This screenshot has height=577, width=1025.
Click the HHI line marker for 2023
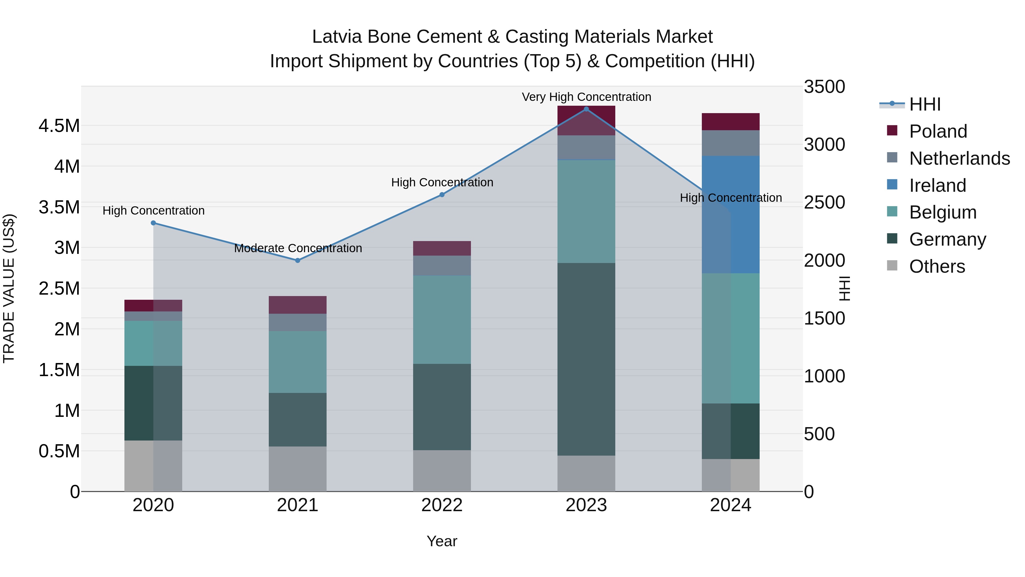[x=586, y=109]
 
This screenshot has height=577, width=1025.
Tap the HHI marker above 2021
[x=298, y=260]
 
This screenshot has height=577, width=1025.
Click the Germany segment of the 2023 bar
[x=586, y=359]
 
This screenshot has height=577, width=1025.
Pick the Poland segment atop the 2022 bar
[x=442, y=248]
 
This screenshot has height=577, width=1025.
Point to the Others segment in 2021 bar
[x=298, y=469]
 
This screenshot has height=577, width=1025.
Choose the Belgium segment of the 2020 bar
[x=153, y=343]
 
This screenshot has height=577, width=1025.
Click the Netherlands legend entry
[x=959, y=158]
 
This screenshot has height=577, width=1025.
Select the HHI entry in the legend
[x=925, y=104]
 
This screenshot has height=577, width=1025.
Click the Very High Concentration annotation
[x=586, y=97]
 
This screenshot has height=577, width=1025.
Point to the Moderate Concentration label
[x=298, y=248]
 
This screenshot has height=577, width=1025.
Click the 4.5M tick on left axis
[x=59, y=126]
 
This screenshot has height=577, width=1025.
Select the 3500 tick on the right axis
[x=824, y=87]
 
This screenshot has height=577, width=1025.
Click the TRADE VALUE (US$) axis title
[x=9, y=288]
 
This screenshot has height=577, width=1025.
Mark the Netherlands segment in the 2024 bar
[x=731, y=143]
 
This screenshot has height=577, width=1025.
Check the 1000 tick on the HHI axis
[x=824, y=376]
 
